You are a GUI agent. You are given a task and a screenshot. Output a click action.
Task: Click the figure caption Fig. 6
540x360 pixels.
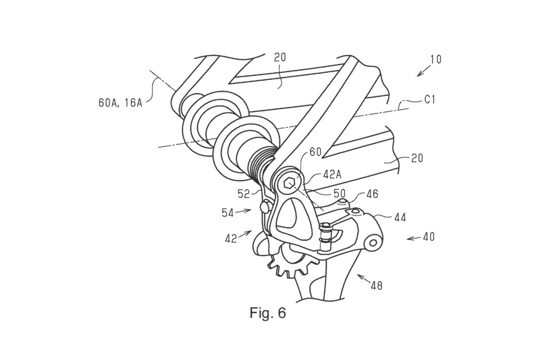(267, 313)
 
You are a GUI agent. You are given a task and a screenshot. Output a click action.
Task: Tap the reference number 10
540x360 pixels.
(435, 59)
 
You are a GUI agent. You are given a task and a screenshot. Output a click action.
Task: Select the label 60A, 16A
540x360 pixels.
(121, 103)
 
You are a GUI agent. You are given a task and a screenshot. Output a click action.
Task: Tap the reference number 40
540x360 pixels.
(428, 237)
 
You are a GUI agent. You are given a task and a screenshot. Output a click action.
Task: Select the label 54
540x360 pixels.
(228, 213)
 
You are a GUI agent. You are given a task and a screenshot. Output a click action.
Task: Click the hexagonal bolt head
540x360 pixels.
(290, 183)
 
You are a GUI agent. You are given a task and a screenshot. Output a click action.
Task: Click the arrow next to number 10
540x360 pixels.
(423, 71)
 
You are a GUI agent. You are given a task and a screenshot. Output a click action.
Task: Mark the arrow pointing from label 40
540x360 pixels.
(413, 238)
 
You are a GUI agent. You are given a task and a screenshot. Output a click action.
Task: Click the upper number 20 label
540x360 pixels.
(279, 57)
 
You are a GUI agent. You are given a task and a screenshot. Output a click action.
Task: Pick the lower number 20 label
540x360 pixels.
(417, 159)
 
